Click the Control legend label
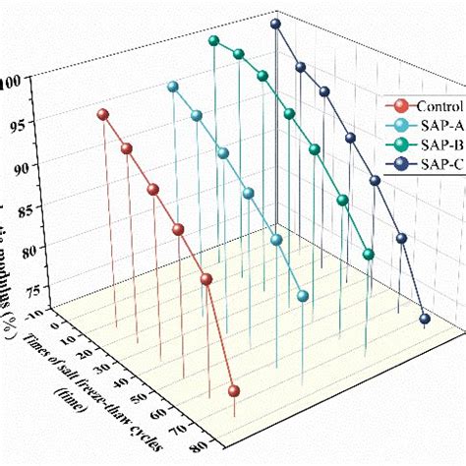[436, 105]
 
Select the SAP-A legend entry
[433, 125]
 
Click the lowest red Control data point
[234, 391]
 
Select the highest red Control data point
[102, 115]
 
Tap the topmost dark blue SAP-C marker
[275, 24]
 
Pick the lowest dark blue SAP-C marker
[425, 319]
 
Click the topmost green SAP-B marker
[213, 40]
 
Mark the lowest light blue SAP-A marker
[303, 296]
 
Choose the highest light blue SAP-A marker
[173, 87]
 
